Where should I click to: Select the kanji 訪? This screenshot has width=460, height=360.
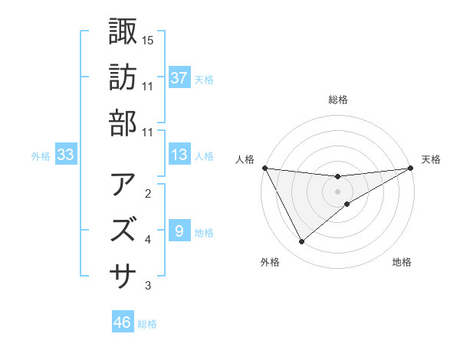point(123,77)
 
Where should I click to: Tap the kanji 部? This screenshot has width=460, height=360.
point(123,123)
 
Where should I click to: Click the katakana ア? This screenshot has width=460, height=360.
point(123,185)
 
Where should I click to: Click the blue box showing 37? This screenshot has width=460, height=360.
point(179,77)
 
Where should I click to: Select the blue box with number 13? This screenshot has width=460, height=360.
point(179,155)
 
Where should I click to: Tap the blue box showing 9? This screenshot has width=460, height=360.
point(179,231)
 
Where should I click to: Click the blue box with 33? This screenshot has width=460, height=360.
point(66,155)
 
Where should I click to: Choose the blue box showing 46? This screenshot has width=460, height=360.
point(123,322)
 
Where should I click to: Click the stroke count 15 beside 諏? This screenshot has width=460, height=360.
point(148,40)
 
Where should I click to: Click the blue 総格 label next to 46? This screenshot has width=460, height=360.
point(147,324)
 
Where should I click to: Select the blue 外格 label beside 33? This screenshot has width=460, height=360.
point(41,156)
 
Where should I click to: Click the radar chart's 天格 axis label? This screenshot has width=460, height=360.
point(431,159)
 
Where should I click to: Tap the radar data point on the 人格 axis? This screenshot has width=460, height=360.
point(264,168)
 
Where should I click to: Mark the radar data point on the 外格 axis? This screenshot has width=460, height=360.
point(301,242)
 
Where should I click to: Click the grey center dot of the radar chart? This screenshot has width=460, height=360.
point(337,191)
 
